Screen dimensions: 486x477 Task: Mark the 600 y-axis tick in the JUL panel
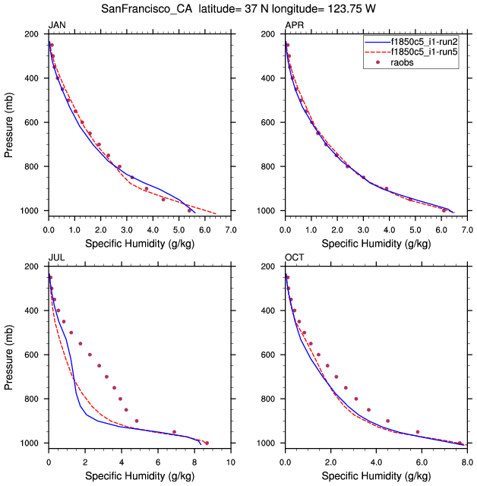point(32,355)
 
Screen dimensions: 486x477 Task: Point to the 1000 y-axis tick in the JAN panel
point(30,210)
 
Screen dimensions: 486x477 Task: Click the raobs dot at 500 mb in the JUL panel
point(71,332)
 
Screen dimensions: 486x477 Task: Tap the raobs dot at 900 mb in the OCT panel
point(387,421)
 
